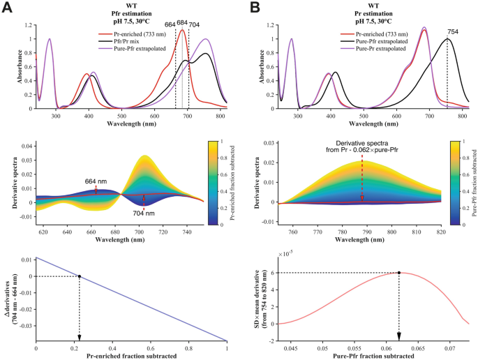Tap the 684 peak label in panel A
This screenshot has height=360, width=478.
(182, 23)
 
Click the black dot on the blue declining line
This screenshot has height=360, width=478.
(79, 276)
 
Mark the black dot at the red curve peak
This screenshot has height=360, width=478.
(398, 273)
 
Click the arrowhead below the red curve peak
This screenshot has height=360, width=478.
(398, 336)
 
